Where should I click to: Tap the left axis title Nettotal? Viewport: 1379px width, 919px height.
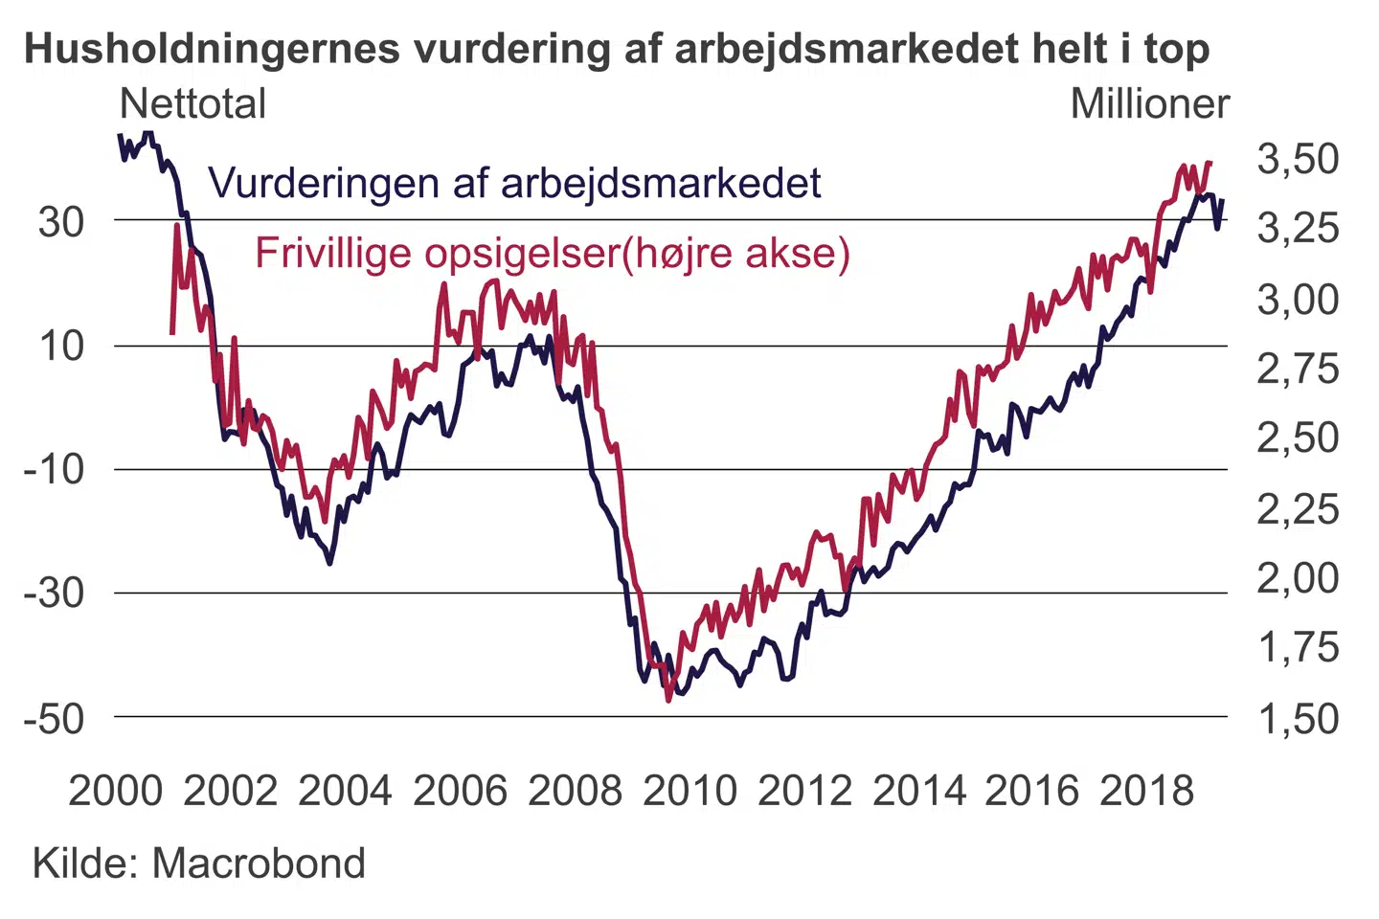(193, 103)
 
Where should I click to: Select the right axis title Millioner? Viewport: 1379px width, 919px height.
(1149, 103)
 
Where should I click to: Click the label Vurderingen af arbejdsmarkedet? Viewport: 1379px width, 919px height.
(514, 183)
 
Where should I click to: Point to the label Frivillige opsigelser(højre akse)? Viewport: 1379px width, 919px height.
(553, 253)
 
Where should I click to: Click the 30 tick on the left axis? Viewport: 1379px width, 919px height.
(61, 222)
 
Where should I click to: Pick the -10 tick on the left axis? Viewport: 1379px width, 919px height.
(54, 469)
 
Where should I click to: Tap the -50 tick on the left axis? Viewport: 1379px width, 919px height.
(54, 718)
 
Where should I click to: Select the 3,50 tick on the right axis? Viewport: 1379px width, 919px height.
(1298, 159)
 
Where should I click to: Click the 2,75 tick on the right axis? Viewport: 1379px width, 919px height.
(1298, 369)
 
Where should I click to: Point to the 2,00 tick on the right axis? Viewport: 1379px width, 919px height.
(1298, 578)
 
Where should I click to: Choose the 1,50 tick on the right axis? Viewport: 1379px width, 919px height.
(1298, 718)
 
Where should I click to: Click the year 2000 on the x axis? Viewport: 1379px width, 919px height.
(116, 791)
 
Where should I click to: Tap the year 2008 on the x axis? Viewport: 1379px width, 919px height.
(575, 791)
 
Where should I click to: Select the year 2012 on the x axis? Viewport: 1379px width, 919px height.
(804, 791)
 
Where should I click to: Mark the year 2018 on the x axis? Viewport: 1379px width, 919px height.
(1147, 791)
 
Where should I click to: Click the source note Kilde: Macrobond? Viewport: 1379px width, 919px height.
(199, 863)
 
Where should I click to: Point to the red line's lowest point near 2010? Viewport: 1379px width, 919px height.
(668, 701)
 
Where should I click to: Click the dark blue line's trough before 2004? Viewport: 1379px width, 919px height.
(330, 563)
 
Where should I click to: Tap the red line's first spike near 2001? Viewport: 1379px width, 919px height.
(177, 226)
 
